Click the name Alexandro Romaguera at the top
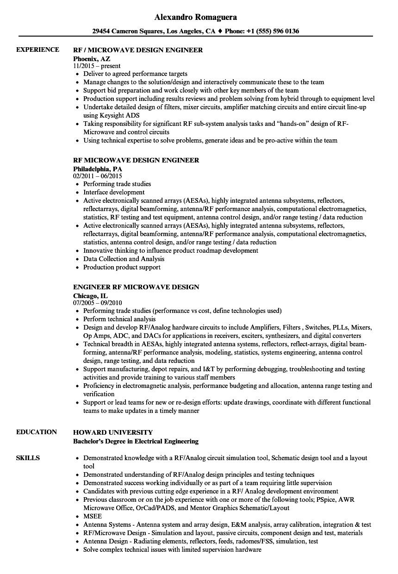(195, 17)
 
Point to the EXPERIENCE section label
(37, 50)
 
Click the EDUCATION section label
(37, 432)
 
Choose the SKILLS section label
(28, 458)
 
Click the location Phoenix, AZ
(92, 58)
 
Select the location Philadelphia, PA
(97, 168)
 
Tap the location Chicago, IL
(90, 295)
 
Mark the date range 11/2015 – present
(97, 66)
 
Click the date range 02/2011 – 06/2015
(97, 176)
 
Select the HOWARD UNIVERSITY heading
(113, 432)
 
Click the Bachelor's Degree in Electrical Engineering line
(136, 441)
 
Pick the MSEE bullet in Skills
(93, 516)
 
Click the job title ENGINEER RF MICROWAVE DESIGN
(136, 287)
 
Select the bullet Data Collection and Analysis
(124, 259)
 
